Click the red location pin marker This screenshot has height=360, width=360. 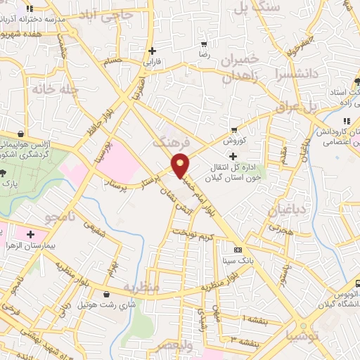(181, 165)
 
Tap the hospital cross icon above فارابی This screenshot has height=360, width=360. (153, 51)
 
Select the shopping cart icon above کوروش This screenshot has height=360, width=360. (233, 130)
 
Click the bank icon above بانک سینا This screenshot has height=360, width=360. (238, 250)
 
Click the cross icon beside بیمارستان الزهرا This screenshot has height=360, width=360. (30, 234)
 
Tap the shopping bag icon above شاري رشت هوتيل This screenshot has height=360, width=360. (105, 294)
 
